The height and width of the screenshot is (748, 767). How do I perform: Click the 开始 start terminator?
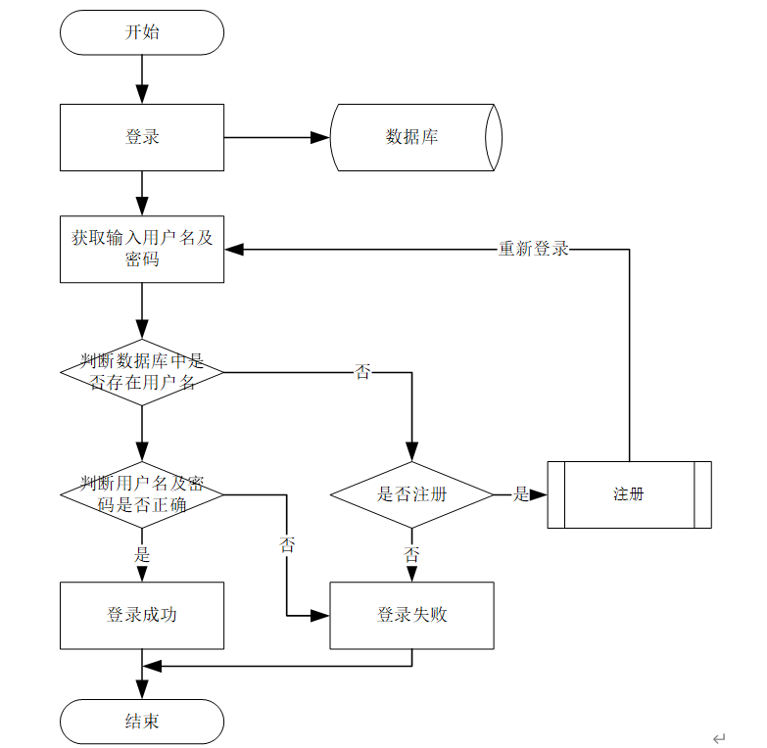click(142, 32)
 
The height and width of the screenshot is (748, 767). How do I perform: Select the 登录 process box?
click(142, 137)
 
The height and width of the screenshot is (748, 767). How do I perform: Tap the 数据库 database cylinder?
click(412, 137)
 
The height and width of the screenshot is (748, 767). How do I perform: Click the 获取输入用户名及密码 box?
click(142, 249)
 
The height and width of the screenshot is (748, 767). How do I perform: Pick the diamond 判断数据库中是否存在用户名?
click(142, 372)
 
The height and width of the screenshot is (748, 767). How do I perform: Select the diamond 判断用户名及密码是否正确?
click(142, 494)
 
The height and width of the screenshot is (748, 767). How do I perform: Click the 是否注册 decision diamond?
click(411, 494)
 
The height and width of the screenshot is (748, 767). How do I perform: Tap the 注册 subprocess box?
click(629, 494)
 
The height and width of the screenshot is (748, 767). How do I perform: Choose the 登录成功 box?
click(142, 615)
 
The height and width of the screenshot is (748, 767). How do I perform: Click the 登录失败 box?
click(411, 615)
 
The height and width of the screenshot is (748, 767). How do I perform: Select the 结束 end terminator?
click(142, 722)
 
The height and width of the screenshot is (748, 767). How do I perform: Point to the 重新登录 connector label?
click(534, 249)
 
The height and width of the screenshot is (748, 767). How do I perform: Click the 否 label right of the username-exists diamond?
click(363, 372)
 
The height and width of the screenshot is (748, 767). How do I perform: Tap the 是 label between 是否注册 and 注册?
click(521, 494)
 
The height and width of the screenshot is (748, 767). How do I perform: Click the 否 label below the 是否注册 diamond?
click(411, 555)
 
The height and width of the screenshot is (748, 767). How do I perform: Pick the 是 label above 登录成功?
click(142, 555)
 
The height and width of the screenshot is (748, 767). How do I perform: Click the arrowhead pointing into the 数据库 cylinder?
click(320, 137)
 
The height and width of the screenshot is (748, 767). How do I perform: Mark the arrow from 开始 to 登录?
click(142, 78)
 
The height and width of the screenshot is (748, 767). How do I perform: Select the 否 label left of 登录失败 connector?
click(287, 545)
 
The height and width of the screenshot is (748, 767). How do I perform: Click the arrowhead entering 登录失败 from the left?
click(320, 615)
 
